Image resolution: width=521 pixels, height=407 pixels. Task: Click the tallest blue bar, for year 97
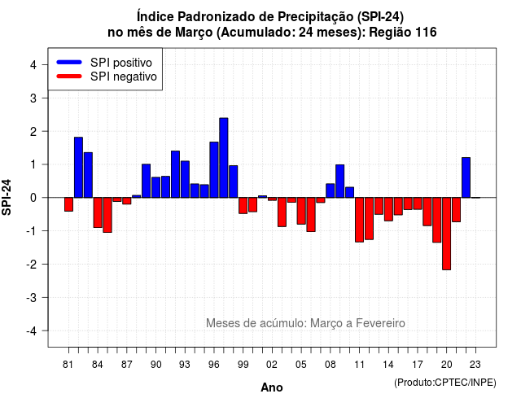pos(224,158)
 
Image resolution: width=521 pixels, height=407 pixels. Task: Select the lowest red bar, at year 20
pos(447,234)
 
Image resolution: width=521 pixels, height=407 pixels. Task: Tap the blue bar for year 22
pos(466,177)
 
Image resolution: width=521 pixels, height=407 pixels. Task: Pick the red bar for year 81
pos(68,204)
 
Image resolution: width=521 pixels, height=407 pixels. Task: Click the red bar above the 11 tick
pos(359,220)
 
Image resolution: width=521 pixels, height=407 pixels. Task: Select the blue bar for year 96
pos(214,170)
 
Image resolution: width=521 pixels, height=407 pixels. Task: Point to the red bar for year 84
pos(98,212)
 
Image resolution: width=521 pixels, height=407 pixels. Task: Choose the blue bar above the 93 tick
pos(185,179)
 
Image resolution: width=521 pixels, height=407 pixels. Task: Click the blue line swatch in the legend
pos(69,62)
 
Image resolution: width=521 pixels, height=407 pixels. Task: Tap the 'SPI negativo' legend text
pos(124,77)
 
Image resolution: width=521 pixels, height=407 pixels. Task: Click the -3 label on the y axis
pos(32,298)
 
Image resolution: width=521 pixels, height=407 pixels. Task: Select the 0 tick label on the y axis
pos(33,198)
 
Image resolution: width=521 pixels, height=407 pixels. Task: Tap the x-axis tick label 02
pos(272,365)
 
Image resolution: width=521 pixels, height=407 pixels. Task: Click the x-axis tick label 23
pos(475,365)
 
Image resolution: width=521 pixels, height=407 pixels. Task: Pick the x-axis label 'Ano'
pos(272,387)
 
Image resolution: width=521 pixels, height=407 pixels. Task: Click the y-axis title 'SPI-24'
pos(7,197)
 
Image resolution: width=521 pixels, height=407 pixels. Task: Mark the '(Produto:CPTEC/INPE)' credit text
pos(445,383)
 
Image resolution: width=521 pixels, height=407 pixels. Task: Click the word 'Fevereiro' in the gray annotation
pos(380,323)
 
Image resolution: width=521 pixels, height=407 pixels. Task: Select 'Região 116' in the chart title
pos(403,33)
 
